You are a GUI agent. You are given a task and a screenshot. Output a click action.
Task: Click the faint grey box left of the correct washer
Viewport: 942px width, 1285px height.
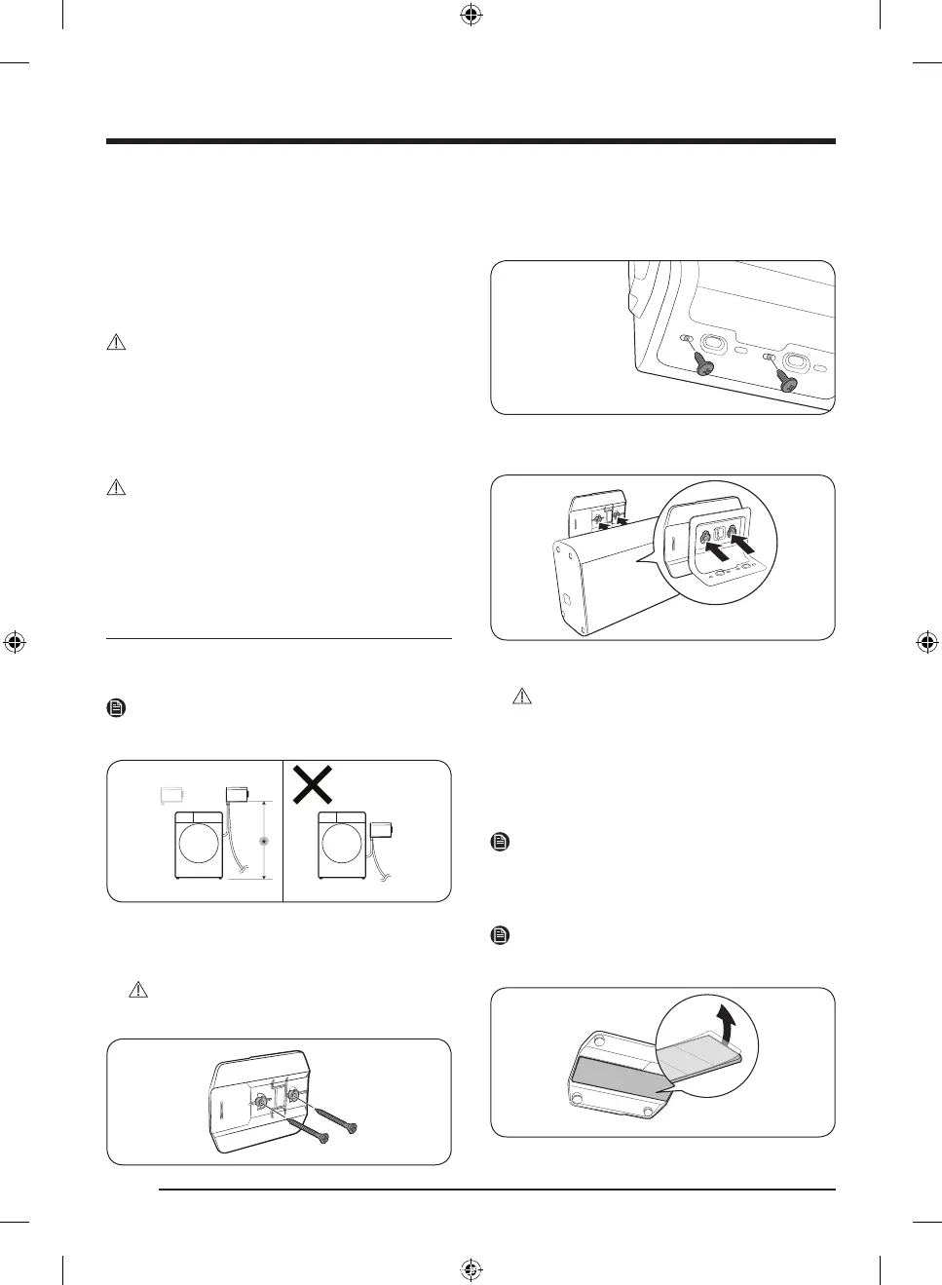[x=172, y=794]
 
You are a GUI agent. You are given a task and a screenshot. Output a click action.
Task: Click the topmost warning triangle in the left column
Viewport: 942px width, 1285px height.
[x=116, y=343]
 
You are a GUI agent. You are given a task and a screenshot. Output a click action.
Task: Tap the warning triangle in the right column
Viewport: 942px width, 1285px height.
[x=523, y=697]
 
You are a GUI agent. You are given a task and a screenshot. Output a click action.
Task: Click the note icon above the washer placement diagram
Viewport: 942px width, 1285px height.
[x=116, y=709]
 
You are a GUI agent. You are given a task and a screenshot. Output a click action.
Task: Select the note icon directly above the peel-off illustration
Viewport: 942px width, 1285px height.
[x=500, y=936]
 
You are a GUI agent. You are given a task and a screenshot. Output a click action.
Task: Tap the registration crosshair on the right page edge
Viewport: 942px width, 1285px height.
[x=926, y=642]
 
